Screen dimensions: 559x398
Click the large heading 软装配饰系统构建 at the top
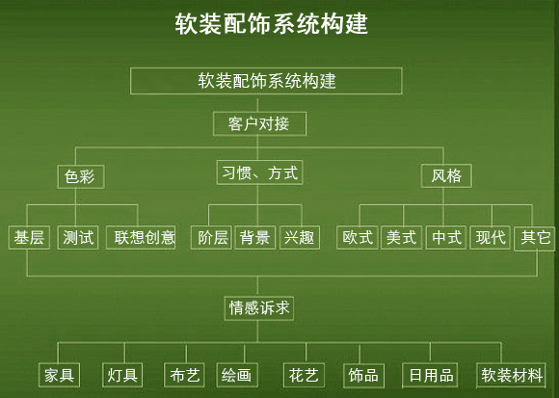(x=271, y=24)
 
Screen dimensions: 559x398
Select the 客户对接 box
(x=259, y=124)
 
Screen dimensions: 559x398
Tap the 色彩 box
(x=81, y=176)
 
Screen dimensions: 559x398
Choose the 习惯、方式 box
(x=259, y=172)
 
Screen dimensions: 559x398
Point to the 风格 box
(x=446, y=176)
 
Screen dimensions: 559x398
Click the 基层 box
(x=29, y=238)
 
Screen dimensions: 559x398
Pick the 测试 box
(x=78, y=238)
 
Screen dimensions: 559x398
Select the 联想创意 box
(x=141, y=238)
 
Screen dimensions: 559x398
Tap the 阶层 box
(x=211, y=238)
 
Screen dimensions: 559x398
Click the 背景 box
(x=255, y=238)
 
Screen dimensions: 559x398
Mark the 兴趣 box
(x=300, y=238)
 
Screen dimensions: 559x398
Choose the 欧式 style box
(x=358, y=238)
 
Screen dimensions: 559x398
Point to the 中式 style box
(x=446, y=238)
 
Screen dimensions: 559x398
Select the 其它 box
(x=534, y=238)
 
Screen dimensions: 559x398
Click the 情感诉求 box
(x=259, y=308)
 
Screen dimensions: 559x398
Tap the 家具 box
(x=59, y=375)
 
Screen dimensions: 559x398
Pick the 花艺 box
(x=304, y=375)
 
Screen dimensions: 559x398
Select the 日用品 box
(x=430, y=376)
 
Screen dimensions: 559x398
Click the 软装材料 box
(x=511, y=376)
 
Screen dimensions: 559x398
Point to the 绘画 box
(x=237, y=375)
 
